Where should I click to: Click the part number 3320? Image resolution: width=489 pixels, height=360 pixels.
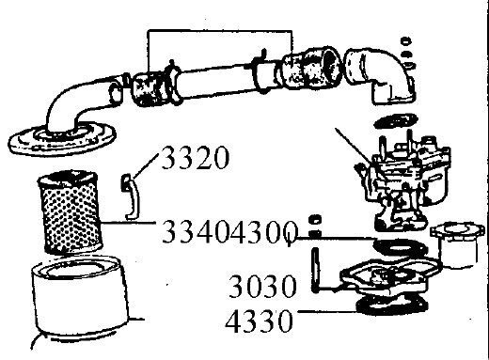coord(195,158)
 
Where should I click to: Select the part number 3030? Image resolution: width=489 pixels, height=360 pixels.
coord(262,286)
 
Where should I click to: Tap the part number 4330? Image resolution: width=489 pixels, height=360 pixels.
coord(259,321)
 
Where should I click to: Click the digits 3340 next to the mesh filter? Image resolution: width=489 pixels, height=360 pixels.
coord(195,231)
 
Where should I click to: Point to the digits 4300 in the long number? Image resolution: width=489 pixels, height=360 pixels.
coord(262,231)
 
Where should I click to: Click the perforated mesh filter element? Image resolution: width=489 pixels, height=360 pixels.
coord(71,212)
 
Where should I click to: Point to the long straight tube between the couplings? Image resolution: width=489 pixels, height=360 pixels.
coord(216,80)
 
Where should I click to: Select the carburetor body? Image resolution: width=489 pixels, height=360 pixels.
coord(404,181)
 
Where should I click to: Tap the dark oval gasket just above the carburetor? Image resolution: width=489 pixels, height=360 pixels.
coord(396,121)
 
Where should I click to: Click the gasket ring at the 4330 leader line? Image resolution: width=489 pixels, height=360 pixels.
coord(392,305)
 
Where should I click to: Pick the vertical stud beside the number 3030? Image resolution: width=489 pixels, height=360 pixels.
coord(315,270)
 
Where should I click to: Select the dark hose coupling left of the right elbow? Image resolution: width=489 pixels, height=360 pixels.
coord(312,69)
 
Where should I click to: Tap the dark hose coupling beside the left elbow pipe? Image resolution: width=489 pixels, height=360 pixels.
coord(149,89)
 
